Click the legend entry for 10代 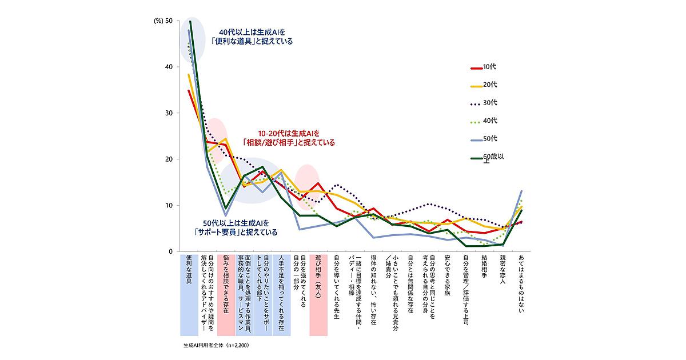coord(483,67)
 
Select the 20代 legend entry coord(483,85)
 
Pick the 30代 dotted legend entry coord(483,103)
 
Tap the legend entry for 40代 coord(483,121)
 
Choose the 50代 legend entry coord(483,138)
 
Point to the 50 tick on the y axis coord(168,21)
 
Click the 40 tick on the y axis coord(168,67)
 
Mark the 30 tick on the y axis coord(168,113)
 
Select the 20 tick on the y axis coord(168,159)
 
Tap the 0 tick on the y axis coord(170,251)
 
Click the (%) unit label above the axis coord(158,21)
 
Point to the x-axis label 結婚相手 coord(484,269)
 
